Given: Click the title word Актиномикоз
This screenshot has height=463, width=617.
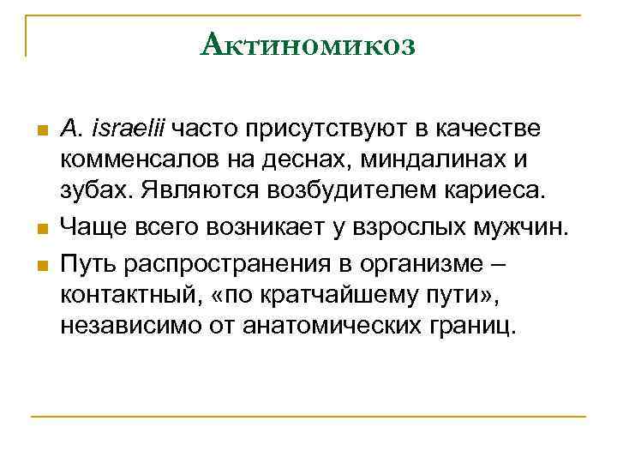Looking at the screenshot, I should (x=308, y=44).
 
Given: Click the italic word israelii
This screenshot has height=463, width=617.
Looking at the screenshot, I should (x=130, y=129).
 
